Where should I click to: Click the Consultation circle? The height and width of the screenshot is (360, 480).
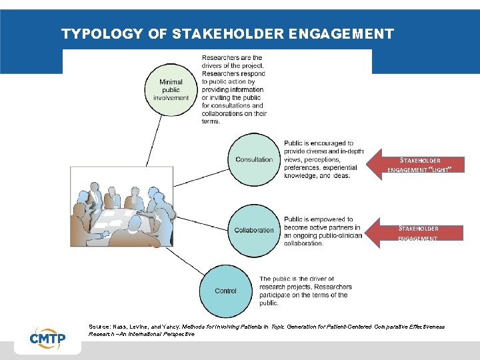point(254,159)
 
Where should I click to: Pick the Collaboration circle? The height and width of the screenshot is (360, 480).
point(254,230)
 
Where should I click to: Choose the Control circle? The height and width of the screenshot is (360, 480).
point(226,291)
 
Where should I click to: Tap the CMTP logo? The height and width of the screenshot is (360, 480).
point(47,338)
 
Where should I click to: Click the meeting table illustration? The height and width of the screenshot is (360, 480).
point(121,207)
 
